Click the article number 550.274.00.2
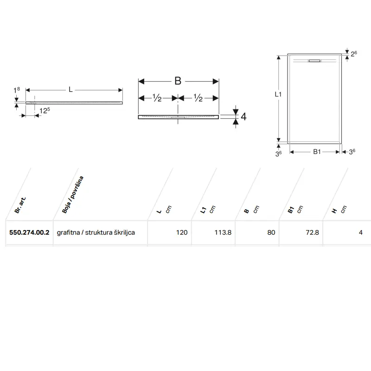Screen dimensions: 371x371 click(29, 233)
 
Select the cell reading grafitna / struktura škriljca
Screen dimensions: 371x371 click(96, 233)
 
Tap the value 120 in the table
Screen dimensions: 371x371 click(182, 233)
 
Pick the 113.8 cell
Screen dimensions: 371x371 click(223, 233)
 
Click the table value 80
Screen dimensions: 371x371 click(271, 233)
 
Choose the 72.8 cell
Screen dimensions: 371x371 click(312, 233)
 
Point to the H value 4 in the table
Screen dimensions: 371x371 click(361, 233)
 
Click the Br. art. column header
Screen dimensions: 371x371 click(20, 205)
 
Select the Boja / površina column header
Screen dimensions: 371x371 click(73, 194)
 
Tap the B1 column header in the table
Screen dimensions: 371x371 click(291, 210)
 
